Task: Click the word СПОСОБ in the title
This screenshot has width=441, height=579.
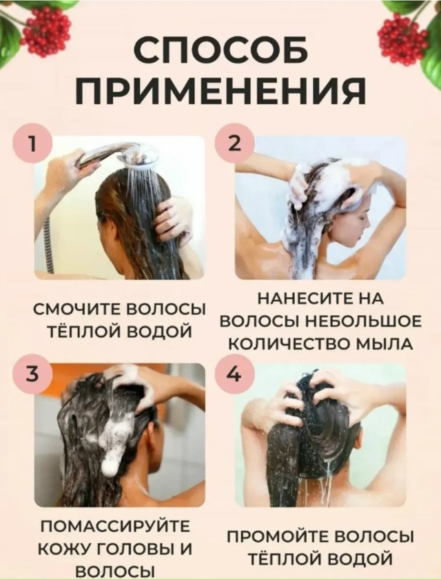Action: (220, 50)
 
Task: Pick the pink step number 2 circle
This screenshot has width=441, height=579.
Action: (236, 144)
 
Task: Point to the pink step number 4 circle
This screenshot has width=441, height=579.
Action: (236, 374)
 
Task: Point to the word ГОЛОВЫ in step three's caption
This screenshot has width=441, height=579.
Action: (137, 549)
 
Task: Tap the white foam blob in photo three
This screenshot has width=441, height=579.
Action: (114, 441)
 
